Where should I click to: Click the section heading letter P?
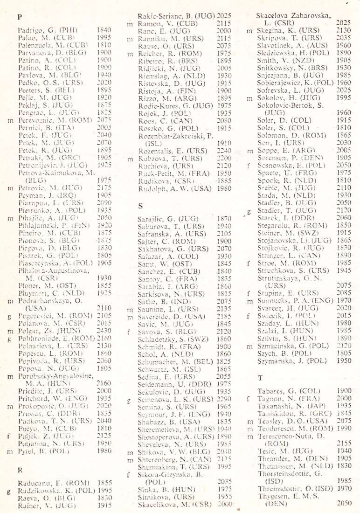point(20,17)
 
